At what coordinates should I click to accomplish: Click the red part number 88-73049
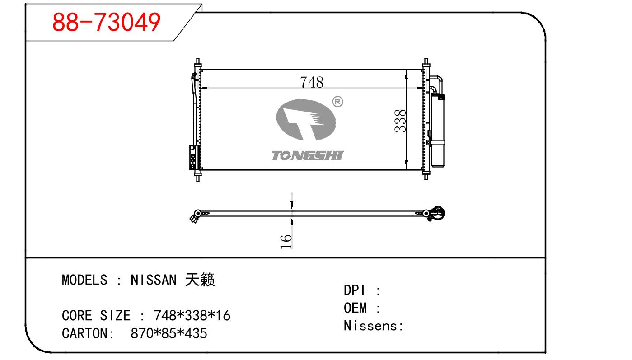click(106, 22)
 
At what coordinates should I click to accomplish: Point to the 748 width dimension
click(312, 82)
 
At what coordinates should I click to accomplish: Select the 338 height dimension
click(400, 121)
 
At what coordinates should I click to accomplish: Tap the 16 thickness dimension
click(286, 242)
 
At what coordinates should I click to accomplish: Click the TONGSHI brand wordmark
click(307, 156)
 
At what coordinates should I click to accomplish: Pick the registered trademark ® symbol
click(337, 102)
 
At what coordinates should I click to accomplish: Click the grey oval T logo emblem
click(306, 120)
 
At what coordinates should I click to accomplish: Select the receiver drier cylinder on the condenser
click(438, 131)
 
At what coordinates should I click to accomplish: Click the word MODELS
click(84, 280)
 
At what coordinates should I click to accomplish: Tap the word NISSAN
click(154, 280)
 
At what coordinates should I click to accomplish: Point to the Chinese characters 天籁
click(200, 280)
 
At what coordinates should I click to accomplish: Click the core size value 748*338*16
click(192, 315)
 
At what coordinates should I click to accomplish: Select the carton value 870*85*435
click(169, 333)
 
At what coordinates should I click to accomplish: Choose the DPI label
click(354, 290)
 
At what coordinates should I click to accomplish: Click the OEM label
click(355, 308)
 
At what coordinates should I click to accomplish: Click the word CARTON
click(84, 333)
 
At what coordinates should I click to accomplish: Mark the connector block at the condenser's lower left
click(193, 157)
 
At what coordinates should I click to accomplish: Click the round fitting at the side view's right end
click(436, 213)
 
